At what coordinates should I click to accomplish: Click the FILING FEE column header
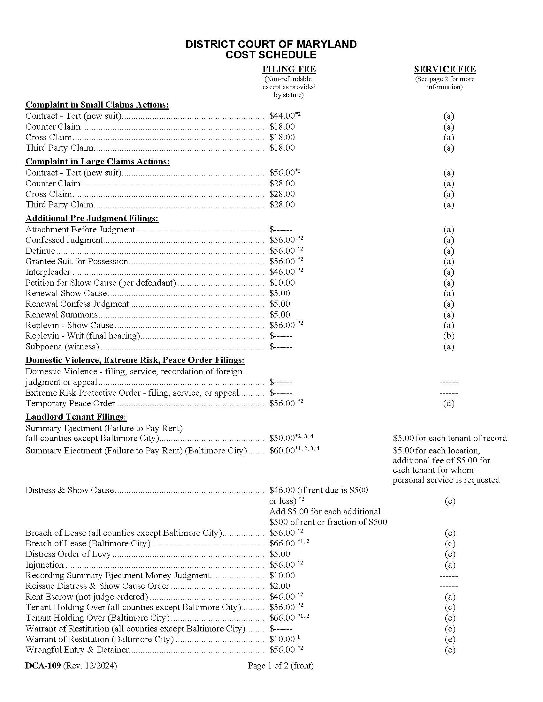point(288,69)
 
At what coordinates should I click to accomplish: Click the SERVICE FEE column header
point(445,69)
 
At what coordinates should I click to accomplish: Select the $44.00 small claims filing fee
point(282,116)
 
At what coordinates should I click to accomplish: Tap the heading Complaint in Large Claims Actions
point(97,161)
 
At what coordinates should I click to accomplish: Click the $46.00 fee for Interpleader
point(282,272)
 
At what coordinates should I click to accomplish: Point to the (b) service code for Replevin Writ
point(448,336)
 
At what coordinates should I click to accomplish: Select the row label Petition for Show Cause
point(100,282)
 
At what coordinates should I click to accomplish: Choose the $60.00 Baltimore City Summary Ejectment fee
point(282,450)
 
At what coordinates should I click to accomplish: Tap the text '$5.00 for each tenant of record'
point(449,438)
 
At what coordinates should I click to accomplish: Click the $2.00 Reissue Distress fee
point(279,586)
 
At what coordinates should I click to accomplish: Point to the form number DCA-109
point(43,665)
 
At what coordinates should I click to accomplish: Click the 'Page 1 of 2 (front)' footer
point(280,665)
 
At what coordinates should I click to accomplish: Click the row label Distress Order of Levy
point(68,554)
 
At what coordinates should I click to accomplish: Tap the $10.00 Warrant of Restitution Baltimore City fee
point(282,639)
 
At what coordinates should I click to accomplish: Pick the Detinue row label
point(40,251)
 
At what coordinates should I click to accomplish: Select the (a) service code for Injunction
point(449,564)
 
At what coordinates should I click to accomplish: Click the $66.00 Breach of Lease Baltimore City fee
point(282,543)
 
